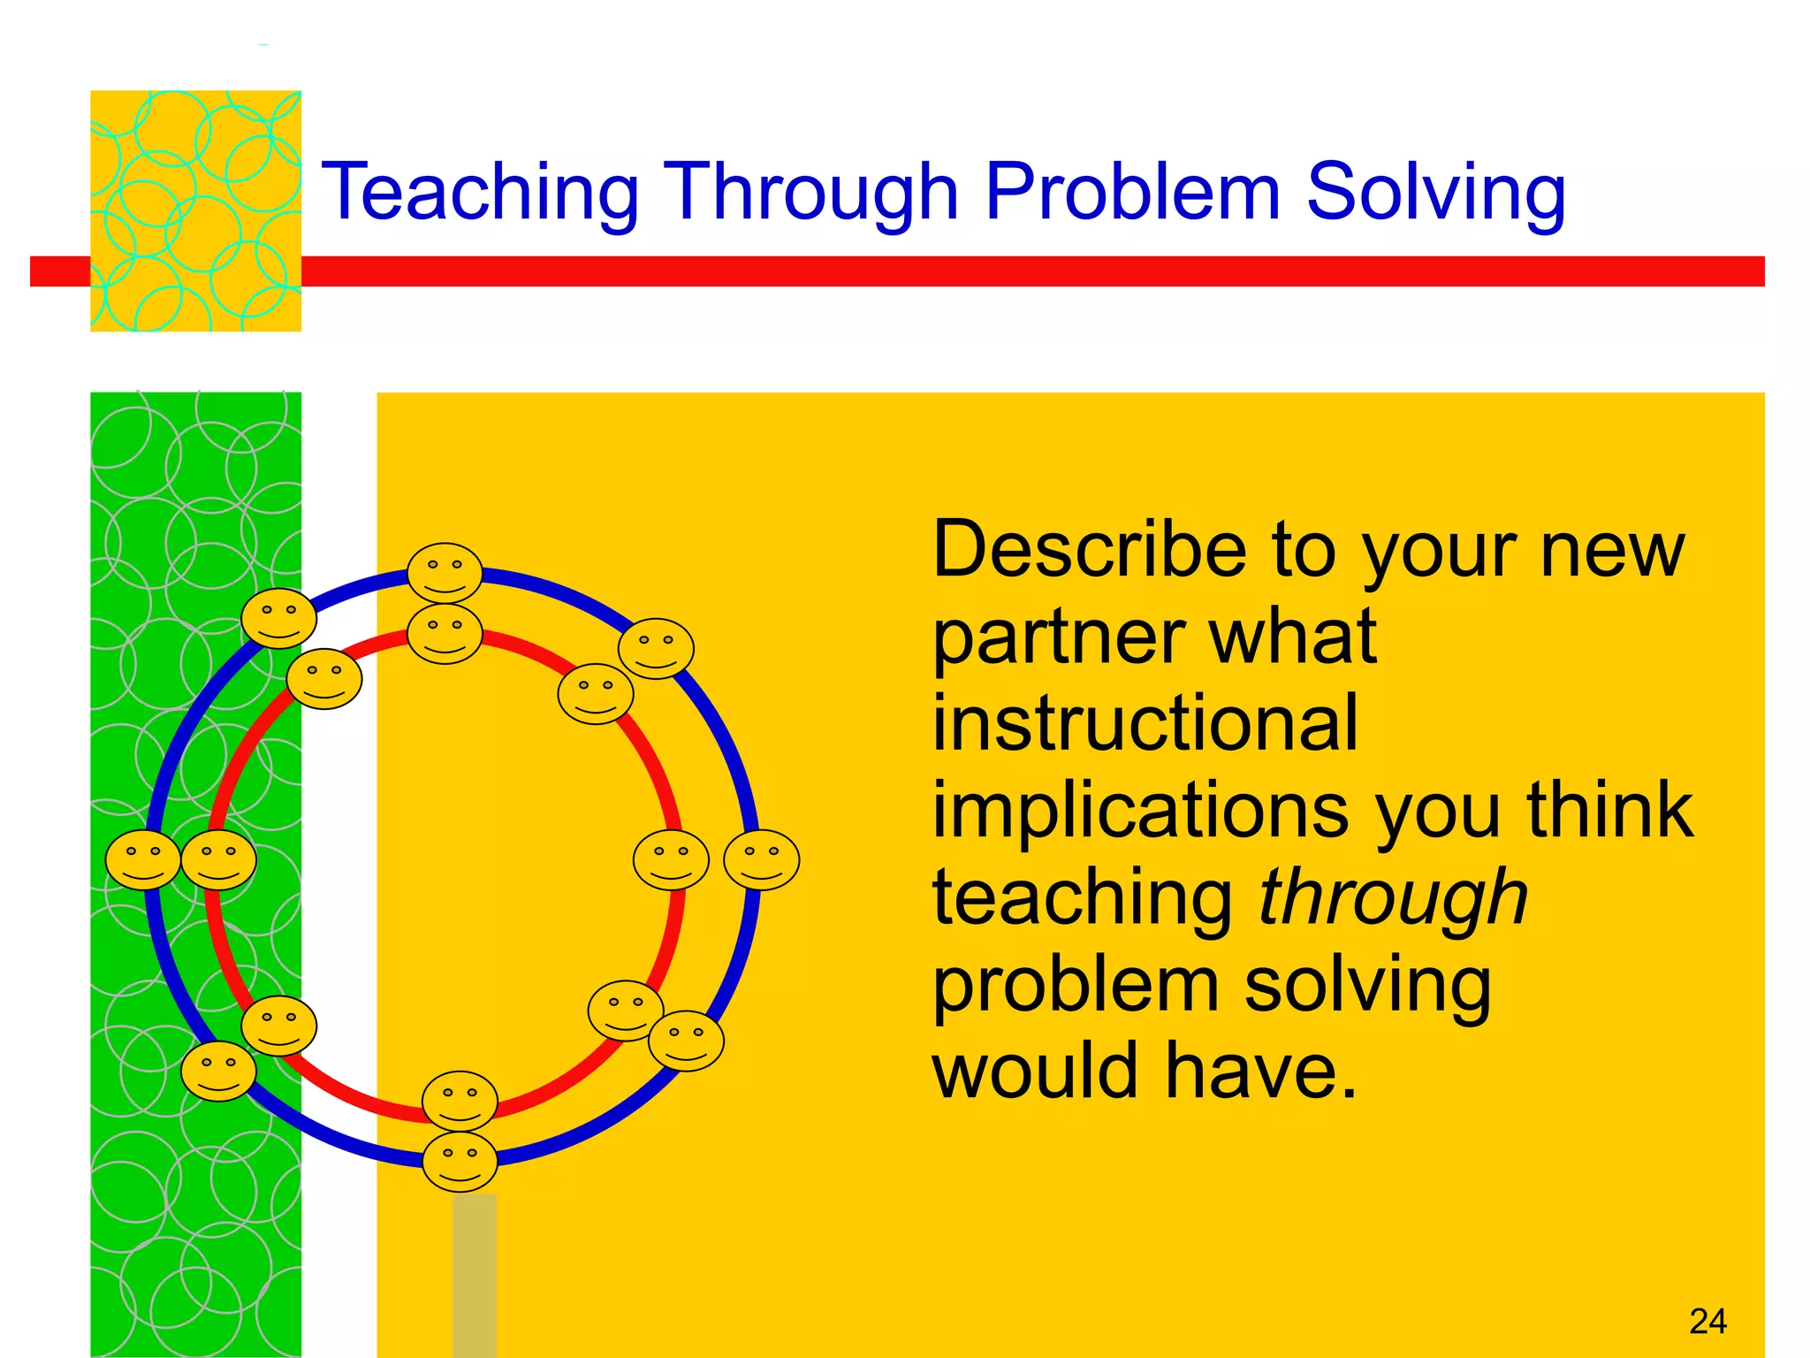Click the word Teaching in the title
click(x=480, y=192)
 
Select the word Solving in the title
click(x=1436, y=192)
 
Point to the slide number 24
click(x=1707, y=1321)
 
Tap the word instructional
click(x=1145, y=723)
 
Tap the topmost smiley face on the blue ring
click(x=445, y=573)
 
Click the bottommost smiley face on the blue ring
click(x=460, y=1162)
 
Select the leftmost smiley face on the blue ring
click(x=143, y=859)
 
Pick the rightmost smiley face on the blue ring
click(x=761, y=859)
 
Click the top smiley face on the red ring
click(x=445, y=634)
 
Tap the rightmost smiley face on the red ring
click(x=671, y=859)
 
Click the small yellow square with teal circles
click(x=195, y=210)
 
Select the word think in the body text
click(x=1609, y=810)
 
